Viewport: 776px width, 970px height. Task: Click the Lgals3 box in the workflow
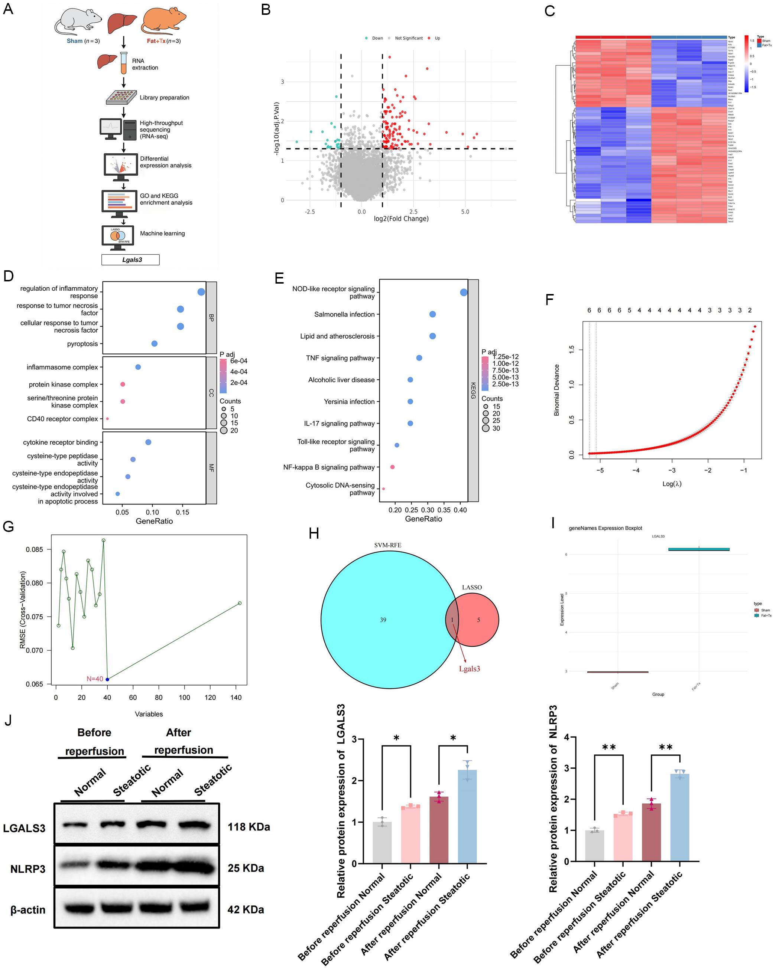(x=130, y=259)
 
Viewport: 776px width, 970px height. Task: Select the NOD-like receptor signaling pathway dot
(x=464, y=293)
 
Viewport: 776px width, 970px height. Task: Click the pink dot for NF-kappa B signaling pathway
(x=392, y=467)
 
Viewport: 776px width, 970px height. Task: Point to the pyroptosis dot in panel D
(x=155, y=343)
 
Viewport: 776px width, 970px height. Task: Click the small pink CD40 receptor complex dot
(x=107, y=418)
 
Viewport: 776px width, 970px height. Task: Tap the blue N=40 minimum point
(x=107, y=679)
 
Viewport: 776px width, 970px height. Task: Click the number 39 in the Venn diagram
(x=383, y=620)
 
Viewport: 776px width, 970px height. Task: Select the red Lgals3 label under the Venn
(x=469, y=669)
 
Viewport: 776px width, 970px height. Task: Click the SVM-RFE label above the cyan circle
(x=387, y=545)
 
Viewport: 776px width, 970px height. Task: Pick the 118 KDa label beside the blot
(x=249, y=827)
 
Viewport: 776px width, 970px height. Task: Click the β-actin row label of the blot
(x=28, y=910)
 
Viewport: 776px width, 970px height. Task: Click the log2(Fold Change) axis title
(x=401, y=219)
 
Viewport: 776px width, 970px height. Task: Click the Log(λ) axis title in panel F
(x=672, y=484)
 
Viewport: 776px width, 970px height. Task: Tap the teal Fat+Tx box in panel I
(x=699, y=549)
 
